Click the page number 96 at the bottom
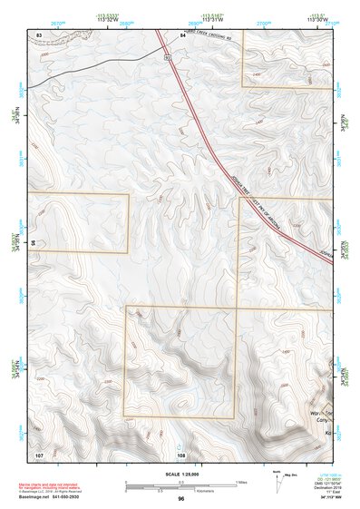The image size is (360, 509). [181, 498]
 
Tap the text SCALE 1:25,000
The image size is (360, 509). [182, 474]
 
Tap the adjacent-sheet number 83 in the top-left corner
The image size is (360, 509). [39, 34]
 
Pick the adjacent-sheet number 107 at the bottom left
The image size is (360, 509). [39, 454]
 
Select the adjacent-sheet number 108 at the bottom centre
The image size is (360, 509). [181, 455]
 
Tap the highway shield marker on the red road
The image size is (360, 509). [167, 56]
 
